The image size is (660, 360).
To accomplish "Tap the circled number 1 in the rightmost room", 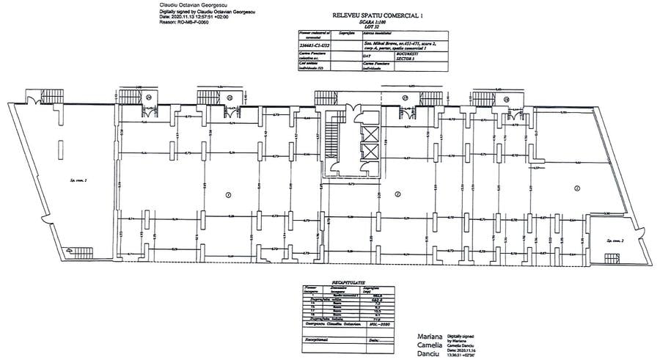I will point(577,189).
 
